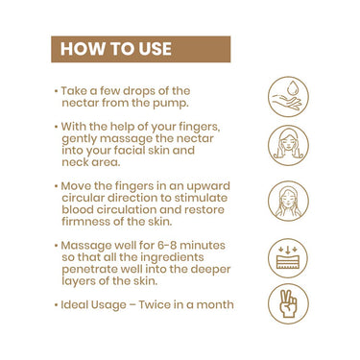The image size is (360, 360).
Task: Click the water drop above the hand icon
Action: [x=292, y=88]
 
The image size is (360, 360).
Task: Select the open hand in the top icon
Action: [x=286, y=102]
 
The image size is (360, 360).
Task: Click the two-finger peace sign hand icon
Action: [x=288, y=303]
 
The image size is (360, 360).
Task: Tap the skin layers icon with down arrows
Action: [x=287, y=258]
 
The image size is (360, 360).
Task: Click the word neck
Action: [x=75, y=162]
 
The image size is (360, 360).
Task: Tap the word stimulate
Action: [x=201, y=198]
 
